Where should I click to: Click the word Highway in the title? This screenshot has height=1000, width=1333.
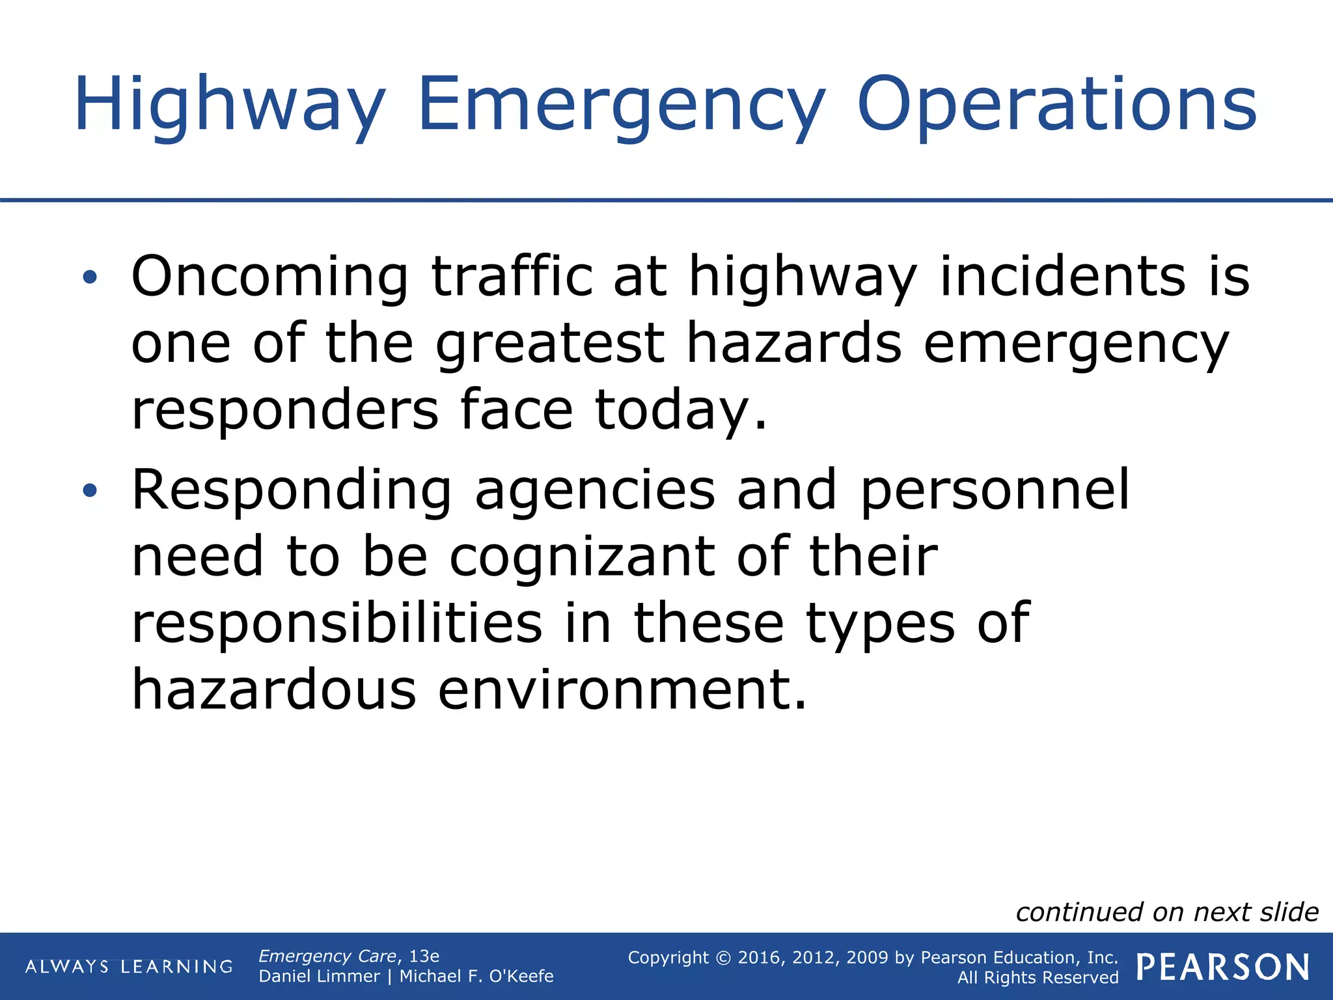coord(229,105)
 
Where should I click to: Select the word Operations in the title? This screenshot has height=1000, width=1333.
coord(1056,105)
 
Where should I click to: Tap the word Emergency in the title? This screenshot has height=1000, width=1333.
coord(621,105)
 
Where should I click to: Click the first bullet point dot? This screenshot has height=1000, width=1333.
coord(90,278)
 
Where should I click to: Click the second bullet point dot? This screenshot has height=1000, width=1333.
coord(90,491)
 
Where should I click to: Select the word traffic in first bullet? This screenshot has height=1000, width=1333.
coord(512,277)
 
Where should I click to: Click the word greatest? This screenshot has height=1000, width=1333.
coord(549,344)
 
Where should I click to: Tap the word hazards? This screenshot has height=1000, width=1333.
coord(794,344)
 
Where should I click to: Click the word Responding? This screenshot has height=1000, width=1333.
coord(292,491)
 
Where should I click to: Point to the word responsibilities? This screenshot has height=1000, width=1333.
coord(337,623)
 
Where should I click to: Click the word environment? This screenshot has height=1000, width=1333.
coord(622,690)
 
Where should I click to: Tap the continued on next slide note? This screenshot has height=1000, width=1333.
coord(1166,912)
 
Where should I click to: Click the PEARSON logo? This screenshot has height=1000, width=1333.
coord(1222,967)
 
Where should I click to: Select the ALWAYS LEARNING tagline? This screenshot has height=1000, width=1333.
coord(129,967)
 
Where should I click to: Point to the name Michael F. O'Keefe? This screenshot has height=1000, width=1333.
coord(476,977)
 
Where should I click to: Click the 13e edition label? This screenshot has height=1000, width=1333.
coord(424,956)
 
